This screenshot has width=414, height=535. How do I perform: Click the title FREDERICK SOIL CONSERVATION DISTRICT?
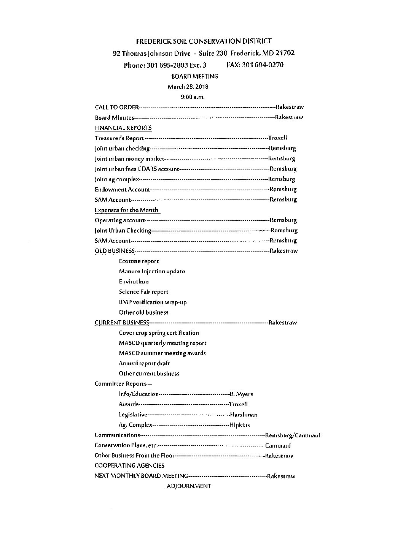[204, 41]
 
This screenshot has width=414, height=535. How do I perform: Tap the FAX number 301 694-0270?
[255, 65]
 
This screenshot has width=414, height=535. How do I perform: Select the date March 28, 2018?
[188, 87]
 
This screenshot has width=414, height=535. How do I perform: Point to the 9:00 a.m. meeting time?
[193, 97]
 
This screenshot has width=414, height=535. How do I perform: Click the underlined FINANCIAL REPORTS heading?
[123, 128]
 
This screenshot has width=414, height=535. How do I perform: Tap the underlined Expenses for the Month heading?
[126, 210]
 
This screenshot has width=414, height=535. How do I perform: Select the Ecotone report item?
[139, 261]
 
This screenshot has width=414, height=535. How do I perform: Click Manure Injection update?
[152, 271]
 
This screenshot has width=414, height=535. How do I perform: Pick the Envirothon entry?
[134, 282]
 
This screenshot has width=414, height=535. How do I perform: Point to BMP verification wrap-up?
[153, 302]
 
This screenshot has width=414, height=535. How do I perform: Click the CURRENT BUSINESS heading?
[121, 323]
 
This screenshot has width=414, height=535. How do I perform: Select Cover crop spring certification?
[159, 333]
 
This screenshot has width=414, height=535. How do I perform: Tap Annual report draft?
[144, 363]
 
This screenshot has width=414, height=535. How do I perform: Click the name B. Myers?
[241, 394]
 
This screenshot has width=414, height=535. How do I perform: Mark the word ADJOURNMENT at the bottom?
[189, 486]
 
